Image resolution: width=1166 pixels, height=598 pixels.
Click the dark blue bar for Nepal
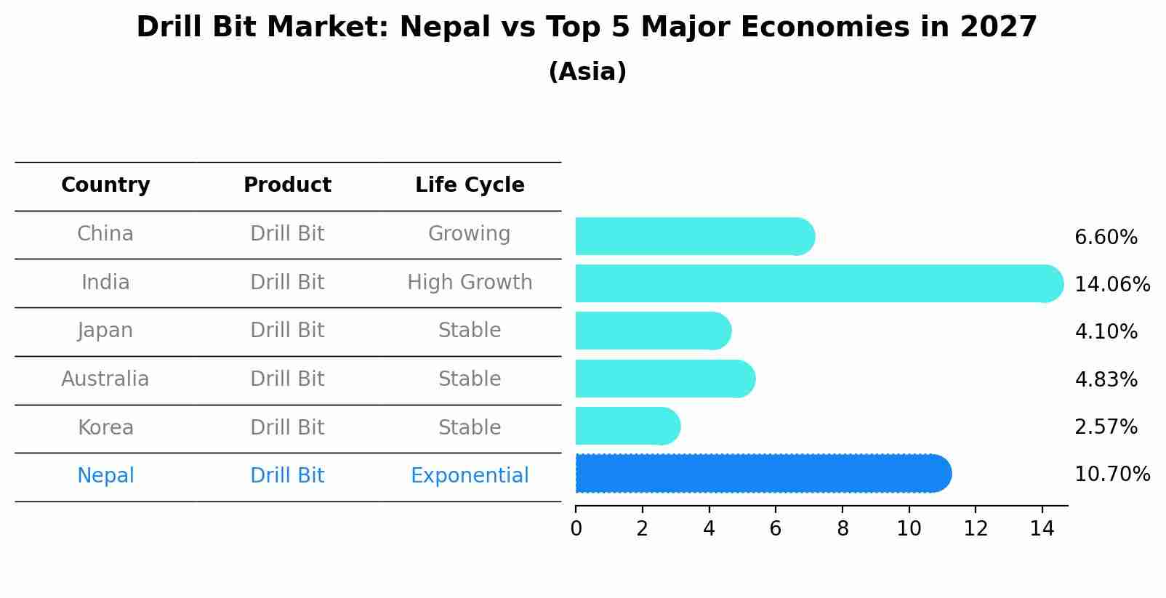(x=763, y=474)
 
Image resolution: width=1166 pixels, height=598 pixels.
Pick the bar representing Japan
(x=653, y=331)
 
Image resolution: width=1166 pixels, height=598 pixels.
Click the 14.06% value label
(x=1111, y=285)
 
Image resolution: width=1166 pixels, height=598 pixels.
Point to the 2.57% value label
(x=1106, y=427)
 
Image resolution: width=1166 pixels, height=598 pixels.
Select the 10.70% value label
(x=1111, y=474)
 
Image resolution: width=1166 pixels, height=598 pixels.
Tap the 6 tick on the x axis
(x=776, y=529)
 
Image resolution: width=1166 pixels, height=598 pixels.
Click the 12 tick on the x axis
(x=976, y=529)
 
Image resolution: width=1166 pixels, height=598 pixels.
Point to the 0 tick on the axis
(x=576, y=529)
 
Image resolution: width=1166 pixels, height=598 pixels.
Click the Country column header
(x=105, y=185)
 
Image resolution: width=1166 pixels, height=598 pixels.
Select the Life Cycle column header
(x=470, y=185)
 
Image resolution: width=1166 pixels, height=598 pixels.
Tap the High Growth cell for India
(x=470, y=283)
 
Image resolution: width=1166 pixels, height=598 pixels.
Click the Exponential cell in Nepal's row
(x=470, y=476)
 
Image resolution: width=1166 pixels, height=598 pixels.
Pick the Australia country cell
(x=105, y=379)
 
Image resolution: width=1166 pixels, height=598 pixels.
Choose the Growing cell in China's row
(x=470, y=234)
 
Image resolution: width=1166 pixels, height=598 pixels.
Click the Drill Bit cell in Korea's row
(x=287, y=428)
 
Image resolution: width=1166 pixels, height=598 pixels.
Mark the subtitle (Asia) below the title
(x=587, y=72)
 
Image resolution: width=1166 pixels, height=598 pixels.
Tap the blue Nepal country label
(x=105, y=476)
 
